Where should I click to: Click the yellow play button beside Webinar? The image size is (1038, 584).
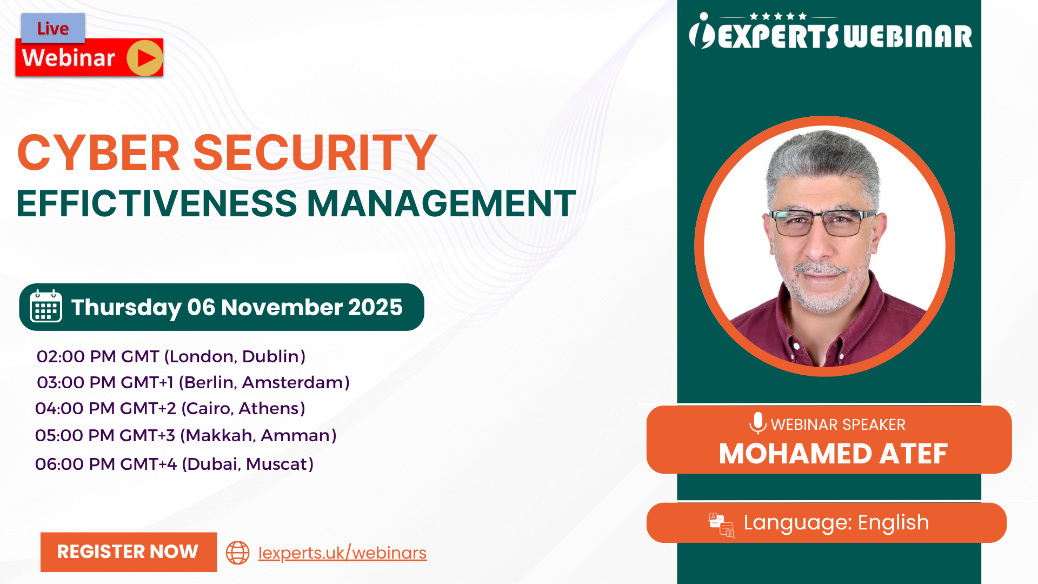pos(145,58)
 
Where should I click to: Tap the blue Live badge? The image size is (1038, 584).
pos(53,28)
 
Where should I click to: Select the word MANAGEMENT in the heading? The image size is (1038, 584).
pos(441,204)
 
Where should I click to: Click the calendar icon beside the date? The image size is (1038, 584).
pos(46,307)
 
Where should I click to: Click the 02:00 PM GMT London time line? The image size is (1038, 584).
pos(171,356)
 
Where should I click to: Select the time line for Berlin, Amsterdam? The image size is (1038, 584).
pos(193,382)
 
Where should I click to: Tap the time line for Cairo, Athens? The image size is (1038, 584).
pos(170,408)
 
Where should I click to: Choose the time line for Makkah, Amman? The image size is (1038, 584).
pos(185,435)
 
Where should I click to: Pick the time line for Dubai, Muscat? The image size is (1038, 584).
pos(174,464)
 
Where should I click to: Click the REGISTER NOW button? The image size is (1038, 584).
pos(129,552)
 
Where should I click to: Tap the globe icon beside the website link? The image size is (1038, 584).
pos(237,553)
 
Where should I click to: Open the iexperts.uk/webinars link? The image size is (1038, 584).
pos(342,553)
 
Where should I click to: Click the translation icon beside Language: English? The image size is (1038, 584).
pos(722,525)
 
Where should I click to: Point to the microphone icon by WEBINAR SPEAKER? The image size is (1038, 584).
pos(758,423)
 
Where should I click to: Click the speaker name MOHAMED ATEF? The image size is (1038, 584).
pos(833,454)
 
